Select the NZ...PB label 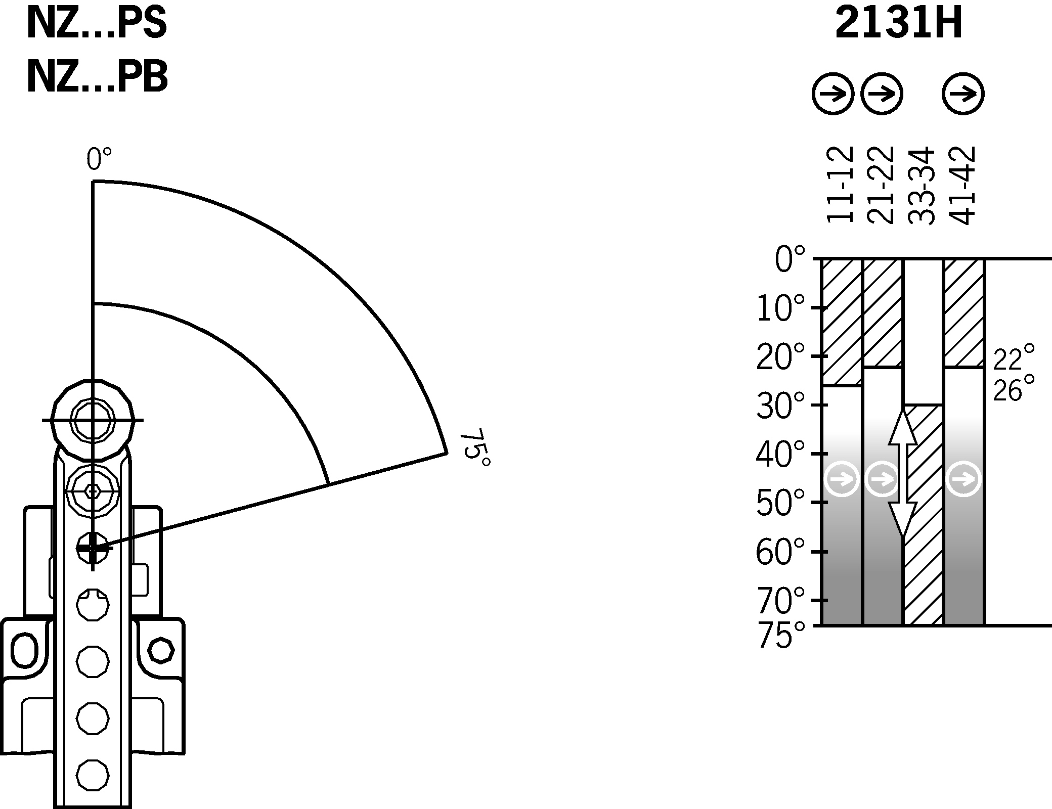click(97, 77)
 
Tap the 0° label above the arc click(99, 159)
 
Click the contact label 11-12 click(841, 185)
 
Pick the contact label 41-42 click(961, 185)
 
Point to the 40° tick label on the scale click(779, 454)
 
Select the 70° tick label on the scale click(779, 600)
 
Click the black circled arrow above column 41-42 click(963, 94)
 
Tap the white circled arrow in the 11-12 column click(842, 478)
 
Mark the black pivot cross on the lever click(93, 548)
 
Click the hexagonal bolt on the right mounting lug click(161, 650)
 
